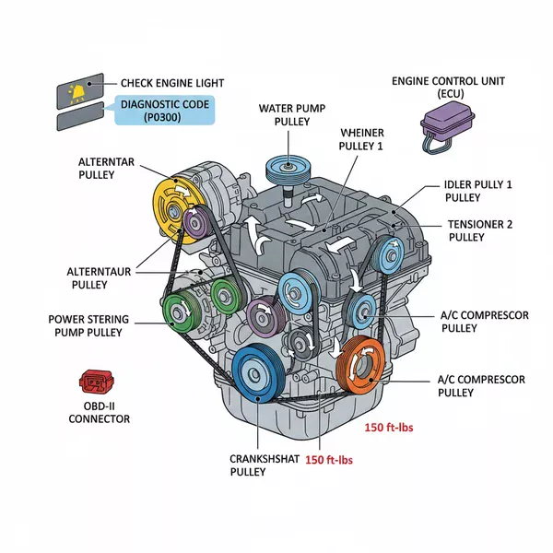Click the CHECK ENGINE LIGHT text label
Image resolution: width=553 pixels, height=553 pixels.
(x=171, y=84)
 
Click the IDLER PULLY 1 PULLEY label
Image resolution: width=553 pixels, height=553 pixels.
(x=477, y=191)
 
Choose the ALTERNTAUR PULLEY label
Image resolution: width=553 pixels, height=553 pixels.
(x=100, y=278)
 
